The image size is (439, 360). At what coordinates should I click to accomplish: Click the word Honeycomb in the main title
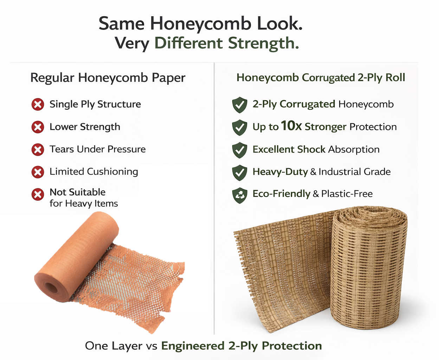pos(200,24)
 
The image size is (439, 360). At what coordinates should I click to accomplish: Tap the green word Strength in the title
pos(263,43)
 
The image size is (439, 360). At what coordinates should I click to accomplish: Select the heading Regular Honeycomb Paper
pos(108,78)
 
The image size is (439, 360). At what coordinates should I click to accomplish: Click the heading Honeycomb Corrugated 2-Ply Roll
pos(321,77)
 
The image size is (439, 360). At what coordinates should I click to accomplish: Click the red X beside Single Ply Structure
pos(38,104)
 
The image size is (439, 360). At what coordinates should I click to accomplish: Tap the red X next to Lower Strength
pos(38,127)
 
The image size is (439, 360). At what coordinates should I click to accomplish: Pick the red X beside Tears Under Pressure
pos(38,149)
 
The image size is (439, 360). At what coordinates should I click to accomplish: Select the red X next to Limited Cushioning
pos(38,172)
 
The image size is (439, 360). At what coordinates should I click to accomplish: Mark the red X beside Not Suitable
pos(38,194)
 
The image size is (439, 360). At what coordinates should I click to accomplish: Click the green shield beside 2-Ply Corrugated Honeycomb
pos(240,105)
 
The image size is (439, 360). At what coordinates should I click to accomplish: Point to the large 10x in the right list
pos(291,126)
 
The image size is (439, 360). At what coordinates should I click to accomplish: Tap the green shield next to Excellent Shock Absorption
pos(240,150)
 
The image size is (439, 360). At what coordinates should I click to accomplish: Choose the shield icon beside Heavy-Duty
pos(240,173)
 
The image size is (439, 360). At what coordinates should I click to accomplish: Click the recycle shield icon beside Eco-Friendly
pos(240,195)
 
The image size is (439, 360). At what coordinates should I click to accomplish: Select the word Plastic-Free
pos(347,194)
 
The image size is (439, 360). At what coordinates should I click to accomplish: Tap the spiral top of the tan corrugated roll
pos(369,216)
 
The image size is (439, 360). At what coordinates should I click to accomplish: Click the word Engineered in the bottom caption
pos(193,346)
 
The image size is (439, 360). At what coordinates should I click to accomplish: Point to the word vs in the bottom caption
pos(151,346)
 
